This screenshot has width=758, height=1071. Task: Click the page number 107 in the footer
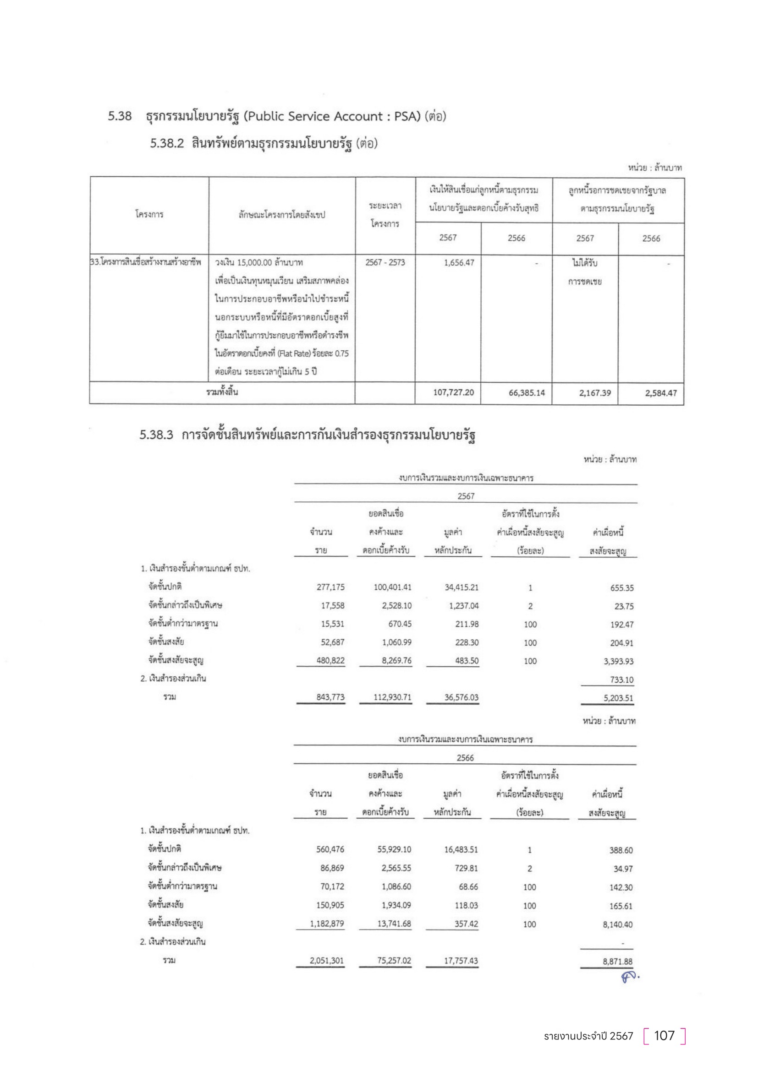[664, 1035]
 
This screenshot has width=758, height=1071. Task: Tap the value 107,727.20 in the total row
[453, 392]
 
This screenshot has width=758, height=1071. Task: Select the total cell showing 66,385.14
[527, 393]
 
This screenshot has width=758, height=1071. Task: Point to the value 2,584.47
[660, 393]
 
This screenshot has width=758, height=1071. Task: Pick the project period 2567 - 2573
[385, 263]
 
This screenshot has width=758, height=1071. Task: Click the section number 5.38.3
[156, 435]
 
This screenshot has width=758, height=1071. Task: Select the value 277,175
[330, 587]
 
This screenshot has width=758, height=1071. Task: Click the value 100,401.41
[392, 587]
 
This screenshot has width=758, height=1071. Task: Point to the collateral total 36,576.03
[461, 697]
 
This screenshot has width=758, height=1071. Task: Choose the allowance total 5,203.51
[618, 698]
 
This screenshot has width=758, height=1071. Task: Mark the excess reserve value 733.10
[622, 680]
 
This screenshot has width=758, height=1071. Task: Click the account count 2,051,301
[327, 961]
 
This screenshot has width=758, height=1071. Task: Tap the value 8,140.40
[617, 924]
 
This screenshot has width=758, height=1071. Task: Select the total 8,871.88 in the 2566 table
[617, 962]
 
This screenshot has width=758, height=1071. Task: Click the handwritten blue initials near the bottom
[630, 976]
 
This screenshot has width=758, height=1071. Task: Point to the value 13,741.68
[394, 924]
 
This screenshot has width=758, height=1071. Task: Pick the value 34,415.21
[461, 587]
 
